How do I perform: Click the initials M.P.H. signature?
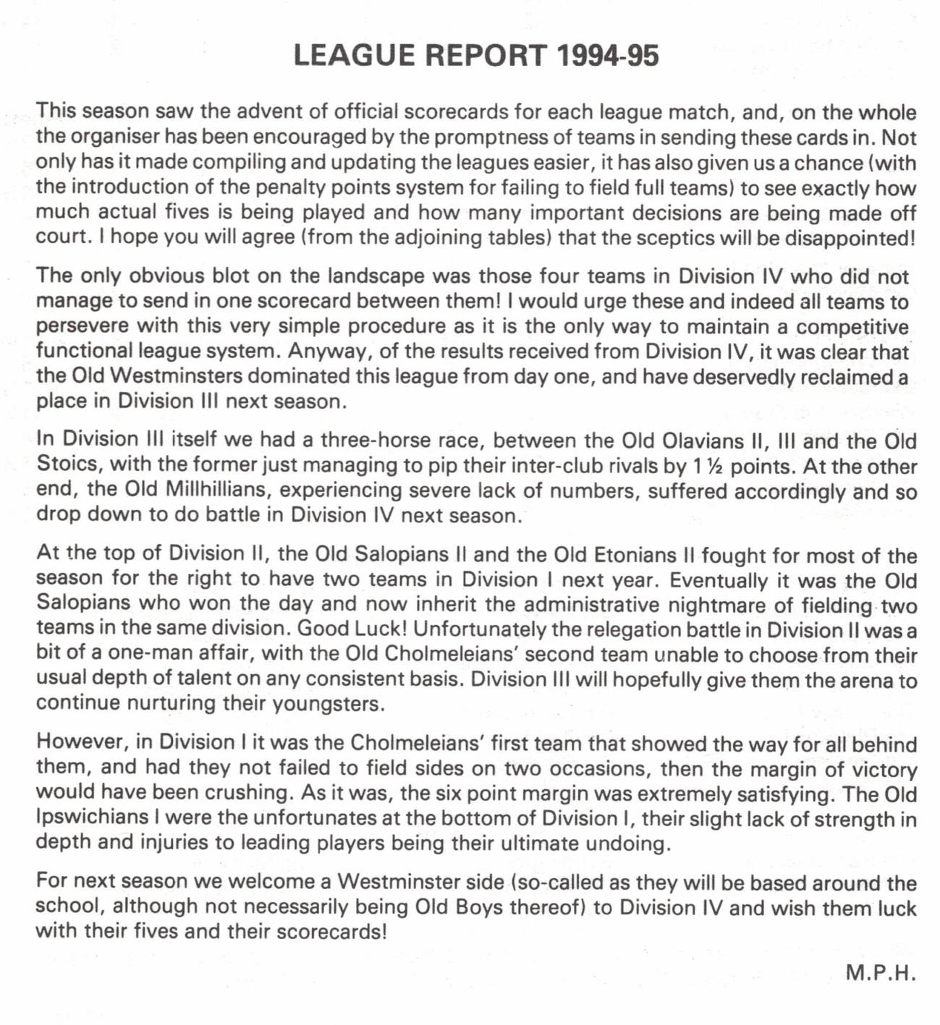[881, 973]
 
